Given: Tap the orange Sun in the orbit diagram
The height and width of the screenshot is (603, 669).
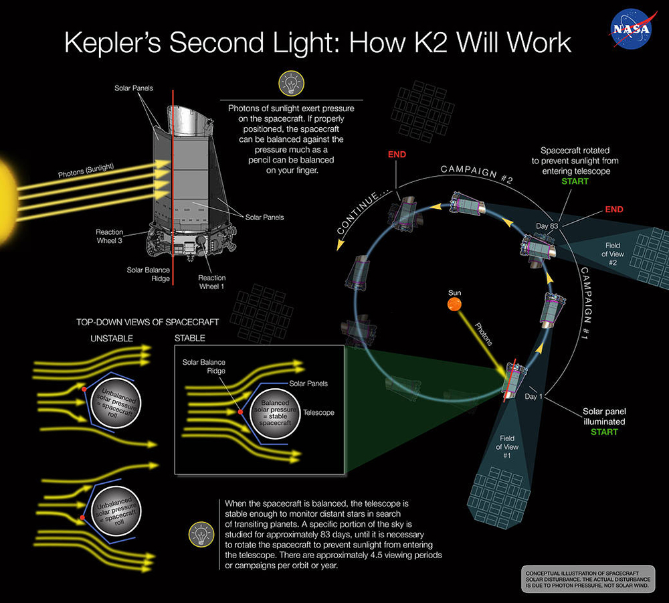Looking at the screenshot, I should coord(454,305).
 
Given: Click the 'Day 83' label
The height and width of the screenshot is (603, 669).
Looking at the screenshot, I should coord(548,226).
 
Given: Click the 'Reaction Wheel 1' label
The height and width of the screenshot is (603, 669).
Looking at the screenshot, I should coord(211,282).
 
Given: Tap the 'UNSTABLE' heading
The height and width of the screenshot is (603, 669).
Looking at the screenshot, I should coord(112,339).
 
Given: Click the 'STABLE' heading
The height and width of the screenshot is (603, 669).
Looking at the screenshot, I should coord(189,339).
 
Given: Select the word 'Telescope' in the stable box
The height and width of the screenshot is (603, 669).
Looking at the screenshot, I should coord(318,413).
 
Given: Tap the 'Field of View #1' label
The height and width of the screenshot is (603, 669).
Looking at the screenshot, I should coord(506,446).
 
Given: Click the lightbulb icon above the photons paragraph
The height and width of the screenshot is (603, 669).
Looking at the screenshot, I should coord(288,84).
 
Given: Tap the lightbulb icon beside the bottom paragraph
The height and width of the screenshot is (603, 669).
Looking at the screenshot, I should coord(199,533).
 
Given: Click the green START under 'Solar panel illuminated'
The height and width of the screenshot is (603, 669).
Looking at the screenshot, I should coord(603,432).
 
